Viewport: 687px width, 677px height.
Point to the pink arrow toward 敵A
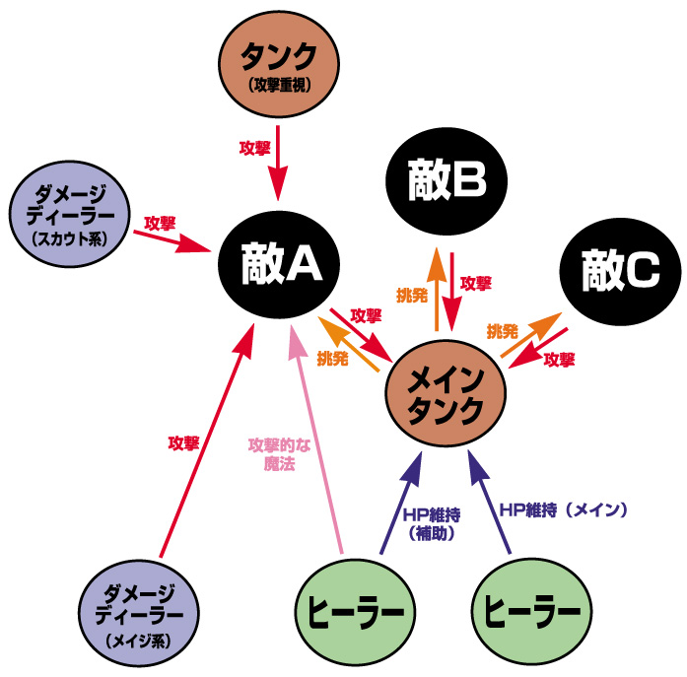tap(317, 443)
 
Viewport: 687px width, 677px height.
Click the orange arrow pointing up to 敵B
tap(436, 291)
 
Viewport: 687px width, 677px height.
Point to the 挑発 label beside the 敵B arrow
tap(410, 294)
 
